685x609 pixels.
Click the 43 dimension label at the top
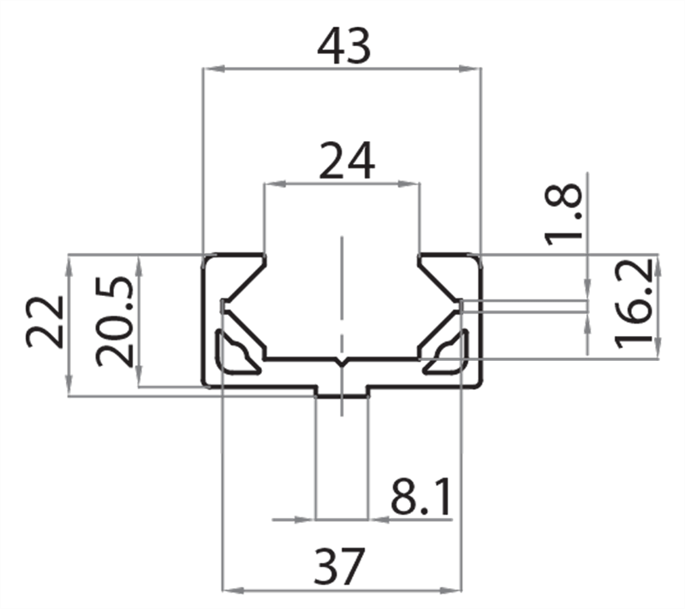coord(343,48)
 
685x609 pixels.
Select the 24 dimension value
coord(347,161)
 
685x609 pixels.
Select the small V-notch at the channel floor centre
coord(342,364)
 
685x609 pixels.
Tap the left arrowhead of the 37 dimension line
coord(229,589)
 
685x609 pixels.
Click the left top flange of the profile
coord(231,260)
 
